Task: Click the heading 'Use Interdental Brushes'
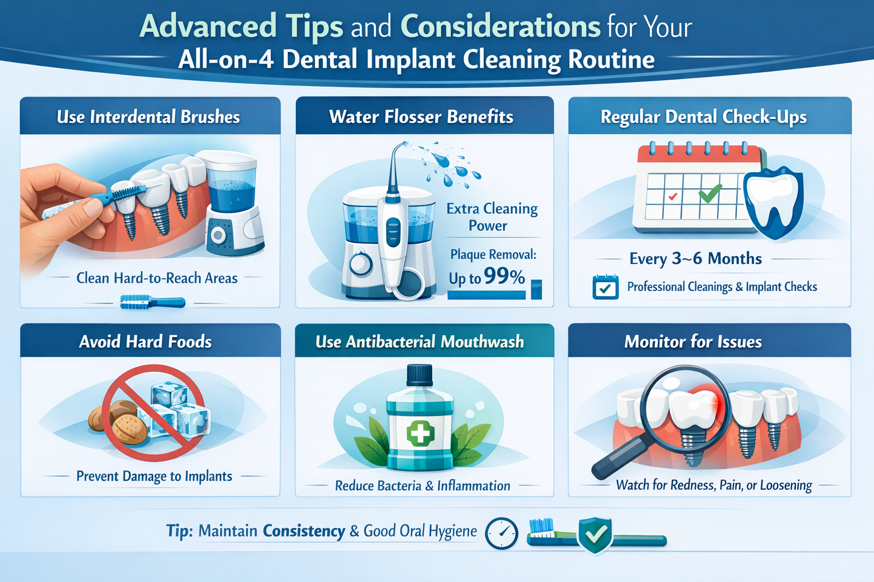click(149, 117)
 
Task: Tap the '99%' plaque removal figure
click(504, 276)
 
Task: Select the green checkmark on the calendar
click(710, 194)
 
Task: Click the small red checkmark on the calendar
click(673, 197)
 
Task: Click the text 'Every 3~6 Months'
click(695, 259)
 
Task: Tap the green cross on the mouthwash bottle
click(420, 434)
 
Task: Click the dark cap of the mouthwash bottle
click(420, 376)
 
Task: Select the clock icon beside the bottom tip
click(501, 533)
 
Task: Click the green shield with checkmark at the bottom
click(595, 534)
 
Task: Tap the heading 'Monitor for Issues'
click(692, 342)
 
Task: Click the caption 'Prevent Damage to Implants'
click(154, 476)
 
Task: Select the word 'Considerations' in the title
click(500, 26)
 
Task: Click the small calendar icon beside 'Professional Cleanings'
click(605, 287)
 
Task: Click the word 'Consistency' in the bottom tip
click(304, 531)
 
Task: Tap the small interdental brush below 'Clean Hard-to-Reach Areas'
click(152, 302)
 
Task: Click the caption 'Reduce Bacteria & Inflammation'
click(422, 486)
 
